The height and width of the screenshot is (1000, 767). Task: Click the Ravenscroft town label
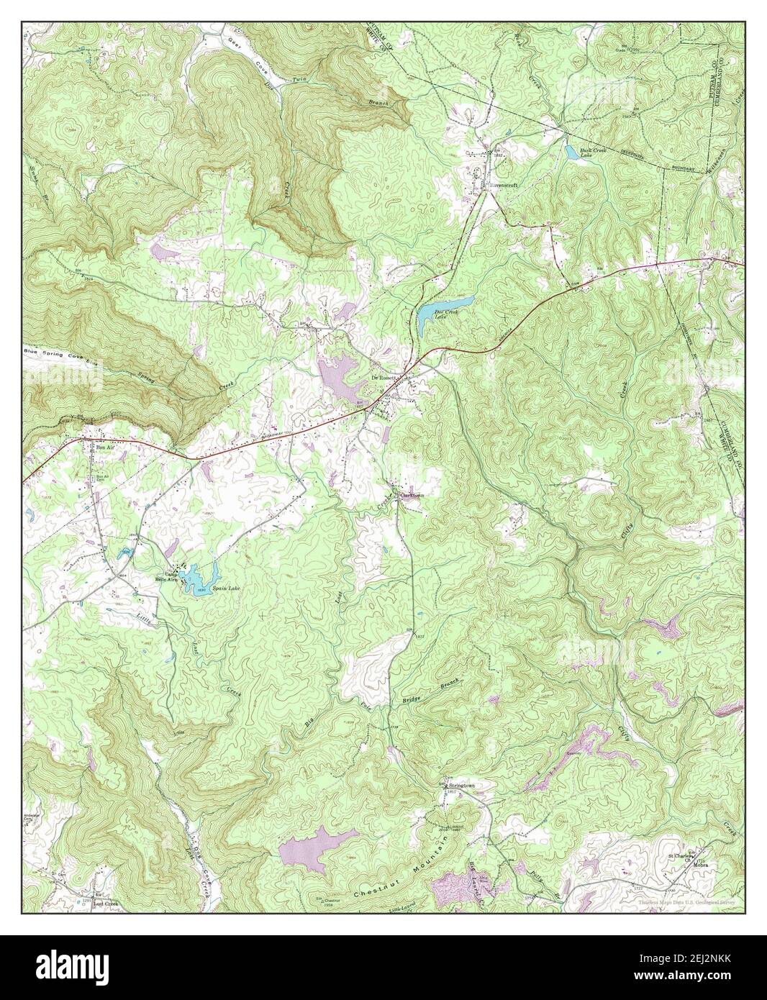click(x=503, y=184)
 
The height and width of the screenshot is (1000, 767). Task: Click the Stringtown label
click(x=461, y=786)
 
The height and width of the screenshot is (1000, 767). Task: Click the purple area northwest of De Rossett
click(x=339, y=376)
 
